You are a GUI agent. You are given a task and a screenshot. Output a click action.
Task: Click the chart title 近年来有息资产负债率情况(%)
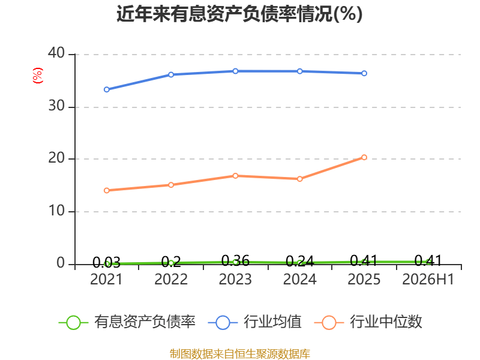(239, 14)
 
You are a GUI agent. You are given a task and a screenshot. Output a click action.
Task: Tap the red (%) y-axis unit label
(37, 76)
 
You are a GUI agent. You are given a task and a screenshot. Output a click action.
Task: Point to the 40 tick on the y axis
(56, 53)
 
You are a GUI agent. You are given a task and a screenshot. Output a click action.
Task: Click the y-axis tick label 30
(56, 106)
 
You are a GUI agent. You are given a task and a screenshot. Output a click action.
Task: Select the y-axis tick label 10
(56, 211)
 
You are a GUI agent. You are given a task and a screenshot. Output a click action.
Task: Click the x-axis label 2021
(106, 279)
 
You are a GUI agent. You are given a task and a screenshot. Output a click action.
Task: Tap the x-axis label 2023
(235, 279)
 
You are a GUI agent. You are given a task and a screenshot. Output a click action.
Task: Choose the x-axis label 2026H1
(428, 279)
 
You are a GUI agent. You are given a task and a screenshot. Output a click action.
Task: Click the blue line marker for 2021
(107, 89)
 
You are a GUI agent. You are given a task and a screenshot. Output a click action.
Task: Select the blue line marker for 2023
(235, 71)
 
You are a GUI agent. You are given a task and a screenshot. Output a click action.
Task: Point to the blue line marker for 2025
(364, 73)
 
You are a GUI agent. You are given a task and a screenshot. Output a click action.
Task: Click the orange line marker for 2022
(171, 185)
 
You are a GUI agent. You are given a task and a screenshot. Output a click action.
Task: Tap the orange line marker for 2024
(300, 179)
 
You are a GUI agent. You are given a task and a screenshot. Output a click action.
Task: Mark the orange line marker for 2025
(364, 157)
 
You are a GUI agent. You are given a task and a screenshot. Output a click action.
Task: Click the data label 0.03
(106, 262)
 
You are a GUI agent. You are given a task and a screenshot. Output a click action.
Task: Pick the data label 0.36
(235, 260)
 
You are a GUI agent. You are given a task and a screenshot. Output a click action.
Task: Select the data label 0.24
(299, 261)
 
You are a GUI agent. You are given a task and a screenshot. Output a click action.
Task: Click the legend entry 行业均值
(254, 322)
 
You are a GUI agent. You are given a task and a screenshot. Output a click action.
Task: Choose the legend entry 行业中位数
(368, 322)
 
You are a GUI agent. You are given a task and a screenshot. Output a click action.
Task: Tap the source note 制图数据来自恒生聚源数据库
(240, 354)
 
